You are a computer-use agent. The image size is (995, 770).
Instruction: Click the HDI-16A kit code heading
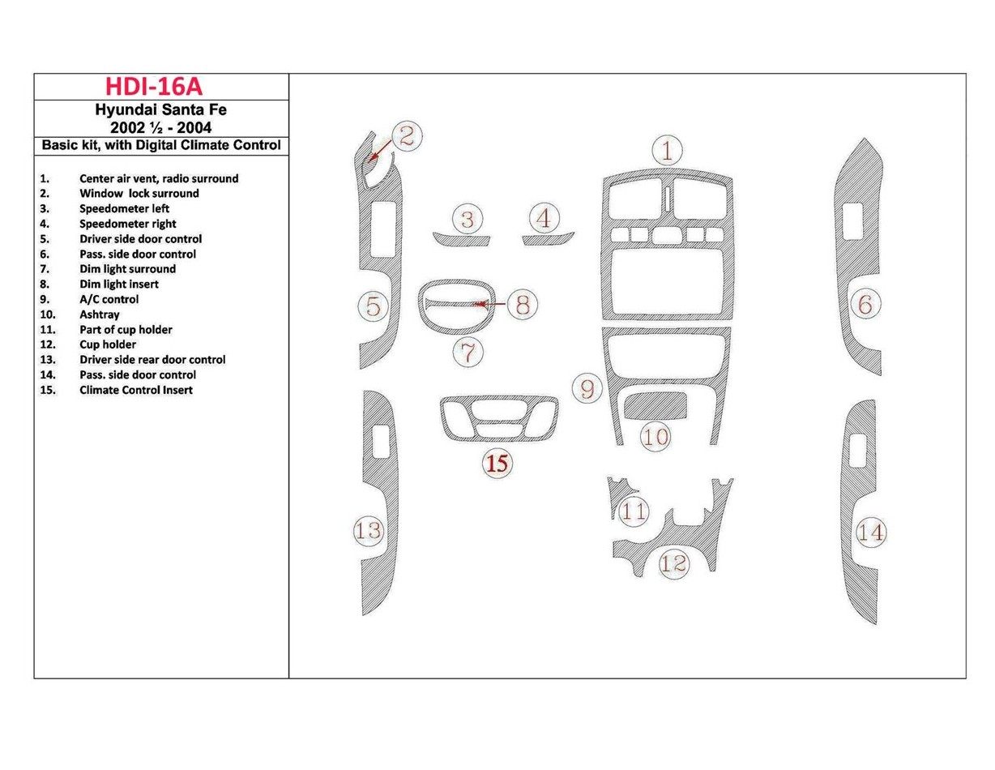pos(160,87)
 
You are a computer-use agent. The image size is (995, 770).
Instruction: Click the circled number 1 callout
pos(667,151)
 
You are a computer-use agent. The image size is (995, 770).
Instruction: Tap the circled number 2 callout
pos(407,136)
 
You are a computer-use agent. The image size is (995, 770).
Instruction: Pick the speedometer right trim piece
pos(548,238)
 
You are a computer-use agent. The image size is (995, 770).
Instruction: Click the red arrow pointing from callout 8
pos(490,305)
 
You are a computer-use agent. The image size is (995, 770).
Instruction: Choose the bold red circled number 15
pos(498,464)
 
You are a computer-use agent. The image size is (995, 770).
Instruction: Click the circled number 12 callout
pos(673,563)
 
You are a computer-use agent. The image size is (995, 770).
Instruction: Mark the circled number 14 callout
pos(871,533)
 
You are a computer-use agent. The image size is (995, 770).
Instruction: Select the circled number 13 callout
pos(369,531)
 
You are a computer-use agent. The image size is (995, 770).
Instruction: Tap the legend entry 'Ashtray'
pos(100,314)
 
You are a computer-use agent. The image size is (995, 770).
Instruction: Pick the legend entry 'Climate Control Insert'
pos(136,390)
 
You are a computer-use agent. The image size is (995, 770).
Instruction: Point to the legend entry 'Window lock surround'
pos(139,194)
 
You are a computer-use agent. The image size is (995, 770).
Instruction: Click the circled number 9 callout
pos(587,389)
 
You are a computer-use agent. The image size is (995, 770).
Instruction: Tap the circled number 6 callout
pos(865,306)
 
